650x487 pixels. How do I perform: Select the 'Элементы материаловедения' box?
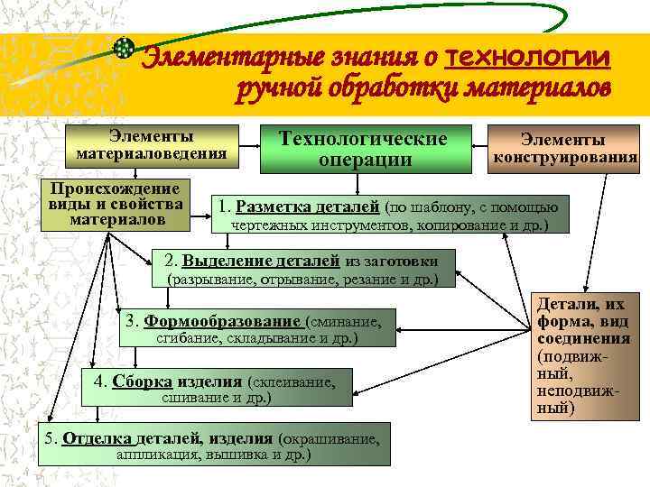pyautogui.click(x=151, y=144)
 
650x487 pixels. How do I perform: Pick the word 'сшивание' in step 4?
pyautogui.click(x=190, y=397)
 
